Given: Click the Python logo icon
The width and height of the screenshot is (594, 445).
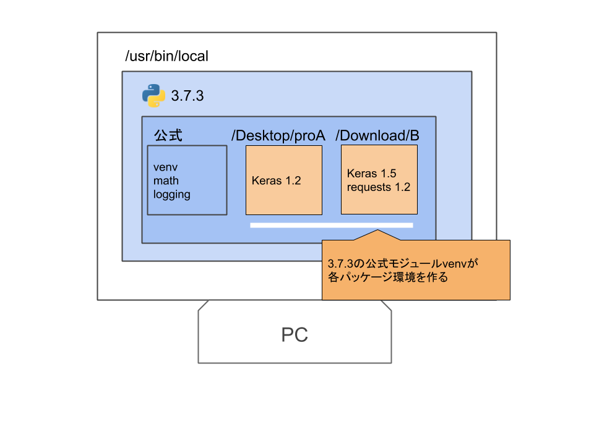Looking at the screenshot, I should click(153, 96).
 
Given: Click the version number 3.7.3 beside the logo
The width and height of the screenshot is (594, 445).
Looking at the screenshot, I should click(187, 96).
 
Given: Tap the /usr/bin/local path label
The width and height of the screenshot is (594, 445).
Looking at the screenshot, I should click(166, 56).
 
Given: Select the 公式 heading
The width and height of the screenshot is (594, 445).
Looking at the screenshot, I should click(168, 135).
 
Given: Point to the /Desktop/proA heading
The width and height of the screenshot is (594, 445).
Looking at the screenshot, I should click(278, 135).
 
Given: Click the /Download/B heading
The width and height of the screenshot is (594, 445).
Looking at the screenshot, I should click(377, 135).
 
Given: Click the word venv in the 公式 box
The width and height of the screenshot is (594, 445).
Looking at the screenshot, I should click(166, 167).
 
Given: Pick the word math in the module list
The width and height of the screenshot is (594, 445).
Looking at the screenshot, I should click(166, 180).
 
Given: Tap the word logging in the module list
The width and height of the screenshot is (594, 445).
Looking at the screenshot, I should click(172, 194).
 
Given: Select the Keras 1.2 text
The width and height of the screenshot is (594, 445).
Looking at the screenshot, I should click(276, 180).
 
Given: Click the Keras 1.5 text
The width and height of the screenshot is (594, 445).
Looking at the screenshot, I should click(371, 174).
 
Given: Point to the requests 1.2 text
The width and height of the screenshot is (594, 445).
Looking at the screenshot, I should click(379, 187).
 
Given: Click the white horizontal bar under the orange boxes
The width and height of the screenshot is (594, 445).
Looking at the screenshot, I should click(331, 225).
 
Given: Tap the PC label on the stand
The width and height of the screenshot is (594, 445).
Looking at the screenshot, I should click(295, 335).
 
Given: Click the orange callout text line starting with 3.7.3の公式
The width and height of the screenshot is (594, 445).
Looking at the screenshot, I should click(403, 264).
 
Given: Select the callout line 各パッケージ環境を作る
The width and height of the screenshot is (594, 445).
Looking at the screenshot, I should click(387, 278).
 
